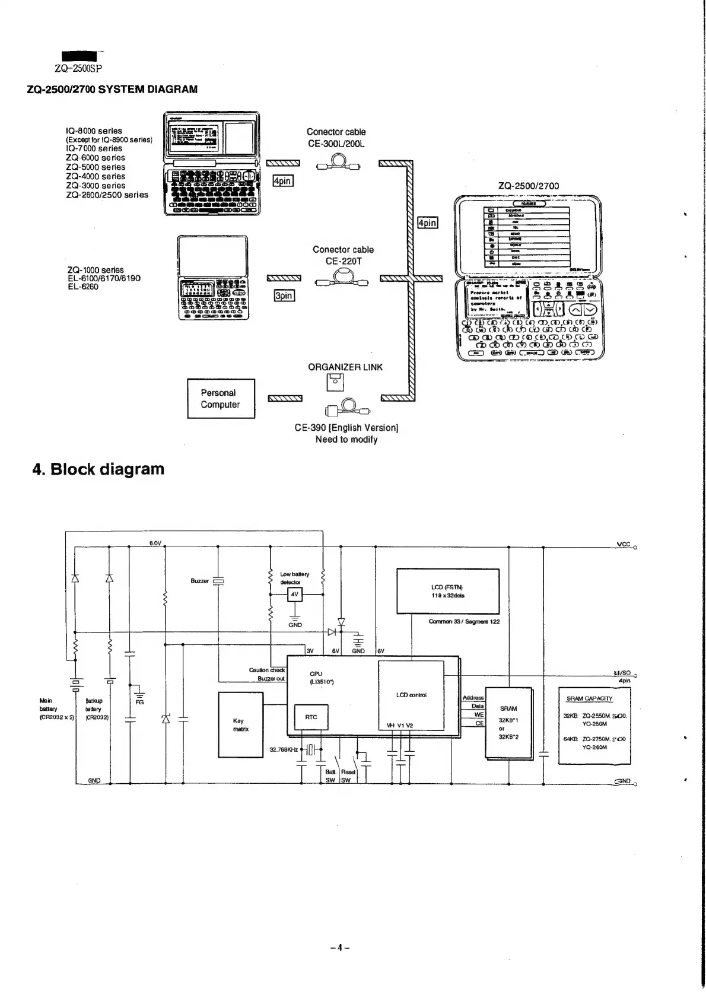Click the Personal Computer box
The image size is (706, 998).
point(221,399)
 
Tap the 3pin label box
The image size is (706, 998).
point(284,295)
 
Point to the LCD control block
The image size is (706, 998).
point(411,695)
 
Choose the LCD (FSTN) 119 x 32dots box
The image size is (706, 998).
point(447,591)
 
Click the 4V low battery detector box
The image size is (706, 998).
point(295,594)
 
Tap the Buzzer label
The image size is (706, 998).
point(199,581)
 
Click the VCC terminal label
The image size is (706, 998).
point(624,544)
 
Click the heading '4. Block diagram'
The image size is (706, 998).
point(98,469)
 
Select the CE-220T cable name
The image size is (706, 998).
point(343,261)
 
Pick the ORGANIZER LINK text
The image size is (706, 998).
point(345,367)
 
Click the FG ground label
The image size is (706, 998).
point(139,702)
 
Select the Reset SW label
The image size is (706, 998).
point(348,776)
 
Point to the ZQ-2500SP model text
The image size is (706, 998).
point(78,69)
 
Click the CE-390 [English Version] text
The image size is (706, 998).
point(346,428)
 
